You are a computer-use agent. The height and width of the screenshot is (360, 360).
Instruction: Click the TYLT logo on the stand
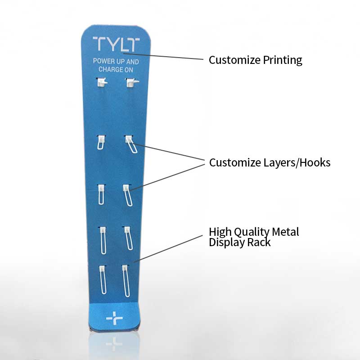click(116, 44)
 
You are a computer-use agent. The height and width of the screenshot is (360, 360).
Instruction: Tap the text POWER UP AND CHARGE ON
click(116, 65)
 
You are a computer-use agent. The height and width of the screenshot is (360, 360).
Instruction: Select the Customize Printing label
click(255, 60)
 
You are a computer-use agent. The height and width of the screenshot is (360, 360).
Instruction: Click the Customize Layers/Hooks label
click(270, 162)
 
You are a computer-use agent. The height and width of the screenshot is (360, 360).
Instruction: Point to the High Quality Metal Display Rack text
click(254, 237)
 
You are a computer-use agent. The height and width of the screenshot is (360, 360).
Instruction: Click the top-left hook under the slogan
click(102, 82)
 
